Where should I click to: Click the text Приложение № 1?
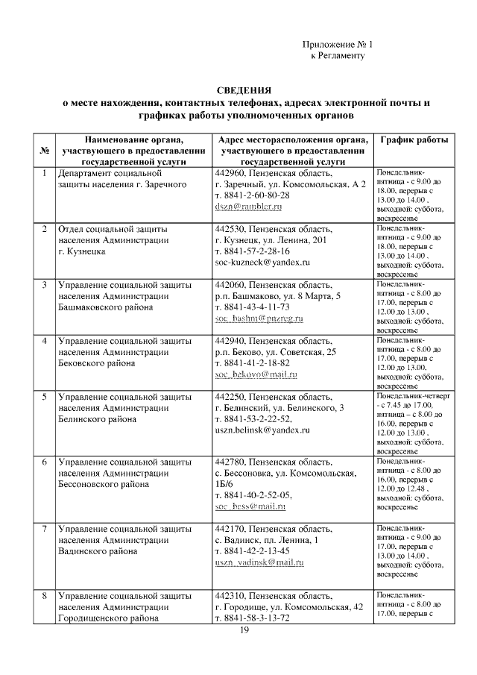341,45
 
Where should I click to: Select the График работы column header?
414,140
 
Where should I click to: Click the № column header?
44,150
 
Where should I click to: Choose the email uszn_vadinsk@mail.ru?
259,561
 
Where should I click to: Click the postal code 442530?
230,229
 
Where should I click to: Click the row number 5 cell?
44,397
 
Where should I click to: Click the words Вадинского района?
97,551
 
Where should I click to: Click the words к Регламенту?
337,56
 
